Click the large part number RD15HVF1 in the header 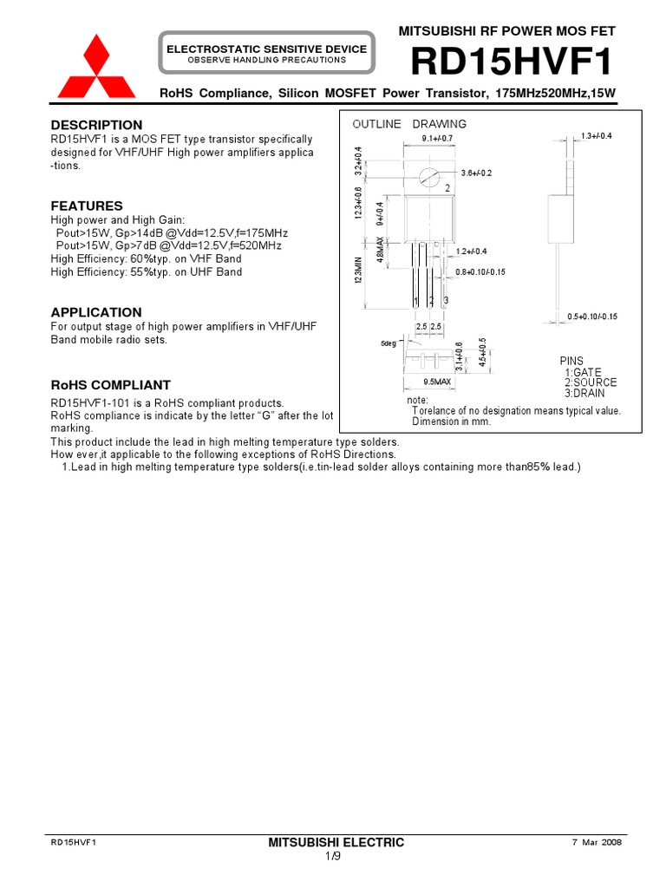512,62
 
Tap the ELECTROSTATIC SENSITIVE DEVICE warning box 266,54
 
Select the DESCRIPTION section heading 96,125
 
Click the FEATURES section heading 87,206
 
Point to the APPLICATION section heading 95,312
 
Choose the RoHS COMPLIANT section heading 110,385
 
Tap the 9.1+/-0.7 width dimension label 437,139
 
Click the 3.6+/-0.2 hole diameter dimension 476,173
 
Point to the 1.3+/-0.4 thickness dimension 597,136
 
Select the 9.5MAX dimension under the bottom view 437,382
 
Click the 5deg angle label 388,344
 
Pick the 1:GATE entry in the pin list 583,372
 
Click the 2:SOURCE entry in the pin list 590,382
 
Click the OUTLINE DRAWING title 409,124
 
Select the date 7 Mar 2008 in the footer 597,842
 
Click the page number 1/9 333,857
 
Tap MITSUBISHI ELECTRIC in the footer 336,842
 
